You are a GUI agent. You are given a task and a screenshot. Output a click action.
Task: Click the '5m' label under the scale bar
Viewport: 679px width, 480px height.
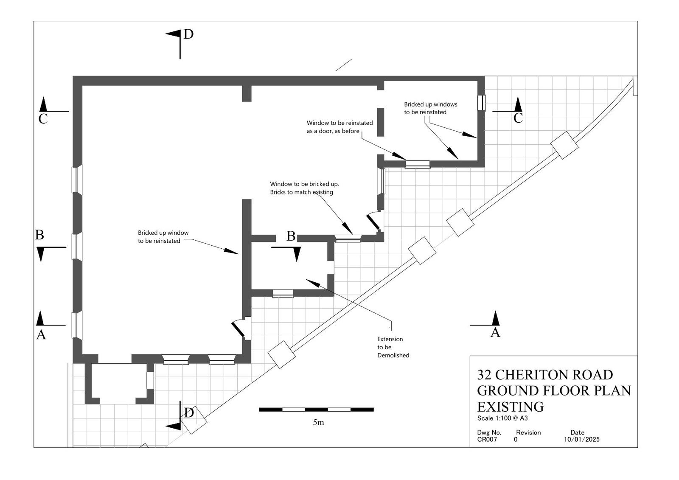pos(318,422)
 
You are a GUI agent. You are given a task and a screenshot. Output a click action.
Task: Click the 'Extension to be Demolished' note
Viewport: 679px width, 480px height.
pos(393,347)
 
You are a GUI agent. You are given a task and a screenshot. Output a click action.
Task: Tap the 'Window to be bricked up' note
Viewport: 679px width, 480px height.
pos(304,188)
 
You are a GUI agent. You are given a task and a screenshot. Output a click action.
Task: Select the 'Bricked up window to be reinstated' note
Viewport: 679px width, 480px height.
pos(163,237)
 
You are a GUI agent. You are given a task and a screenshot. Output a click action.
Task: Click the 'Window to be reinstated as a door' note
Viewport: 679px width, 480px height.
pos(339,127)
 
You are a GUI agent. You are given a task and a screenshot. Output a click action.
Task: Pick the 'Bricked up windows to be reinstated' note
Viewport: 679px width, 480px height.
pos(430,108)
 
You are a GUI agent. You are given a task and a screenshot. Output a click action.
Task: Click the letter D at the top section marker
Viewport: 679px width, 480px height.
pos(188,34)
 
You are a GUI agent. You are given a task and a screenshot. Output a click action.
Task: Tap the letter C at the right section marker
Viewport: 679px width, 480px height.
pos(518,118)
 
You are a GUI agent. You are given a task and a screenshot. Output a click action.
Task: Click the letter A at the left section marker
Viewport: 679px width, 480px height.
pos(41,335)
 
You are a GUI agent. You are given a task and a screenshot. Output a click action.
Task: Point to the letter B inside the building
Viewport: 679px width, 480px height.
pos(291,236)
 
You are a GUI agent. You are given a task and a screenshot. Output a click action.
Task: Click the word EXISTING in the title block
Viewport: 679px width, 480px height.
pos(511,407)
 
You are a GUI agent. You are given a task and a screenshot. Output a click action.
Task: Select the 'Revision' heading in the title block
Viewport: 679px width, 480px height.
pos(528,432)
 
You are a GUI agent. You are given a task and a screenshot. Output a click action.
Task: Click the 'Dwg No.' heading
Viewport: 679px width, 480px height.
pos(489,433)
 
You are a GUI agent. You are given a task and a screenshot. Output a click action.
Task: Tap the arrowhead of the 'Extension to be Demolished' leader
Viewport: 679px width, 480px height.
pos(313,283)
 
